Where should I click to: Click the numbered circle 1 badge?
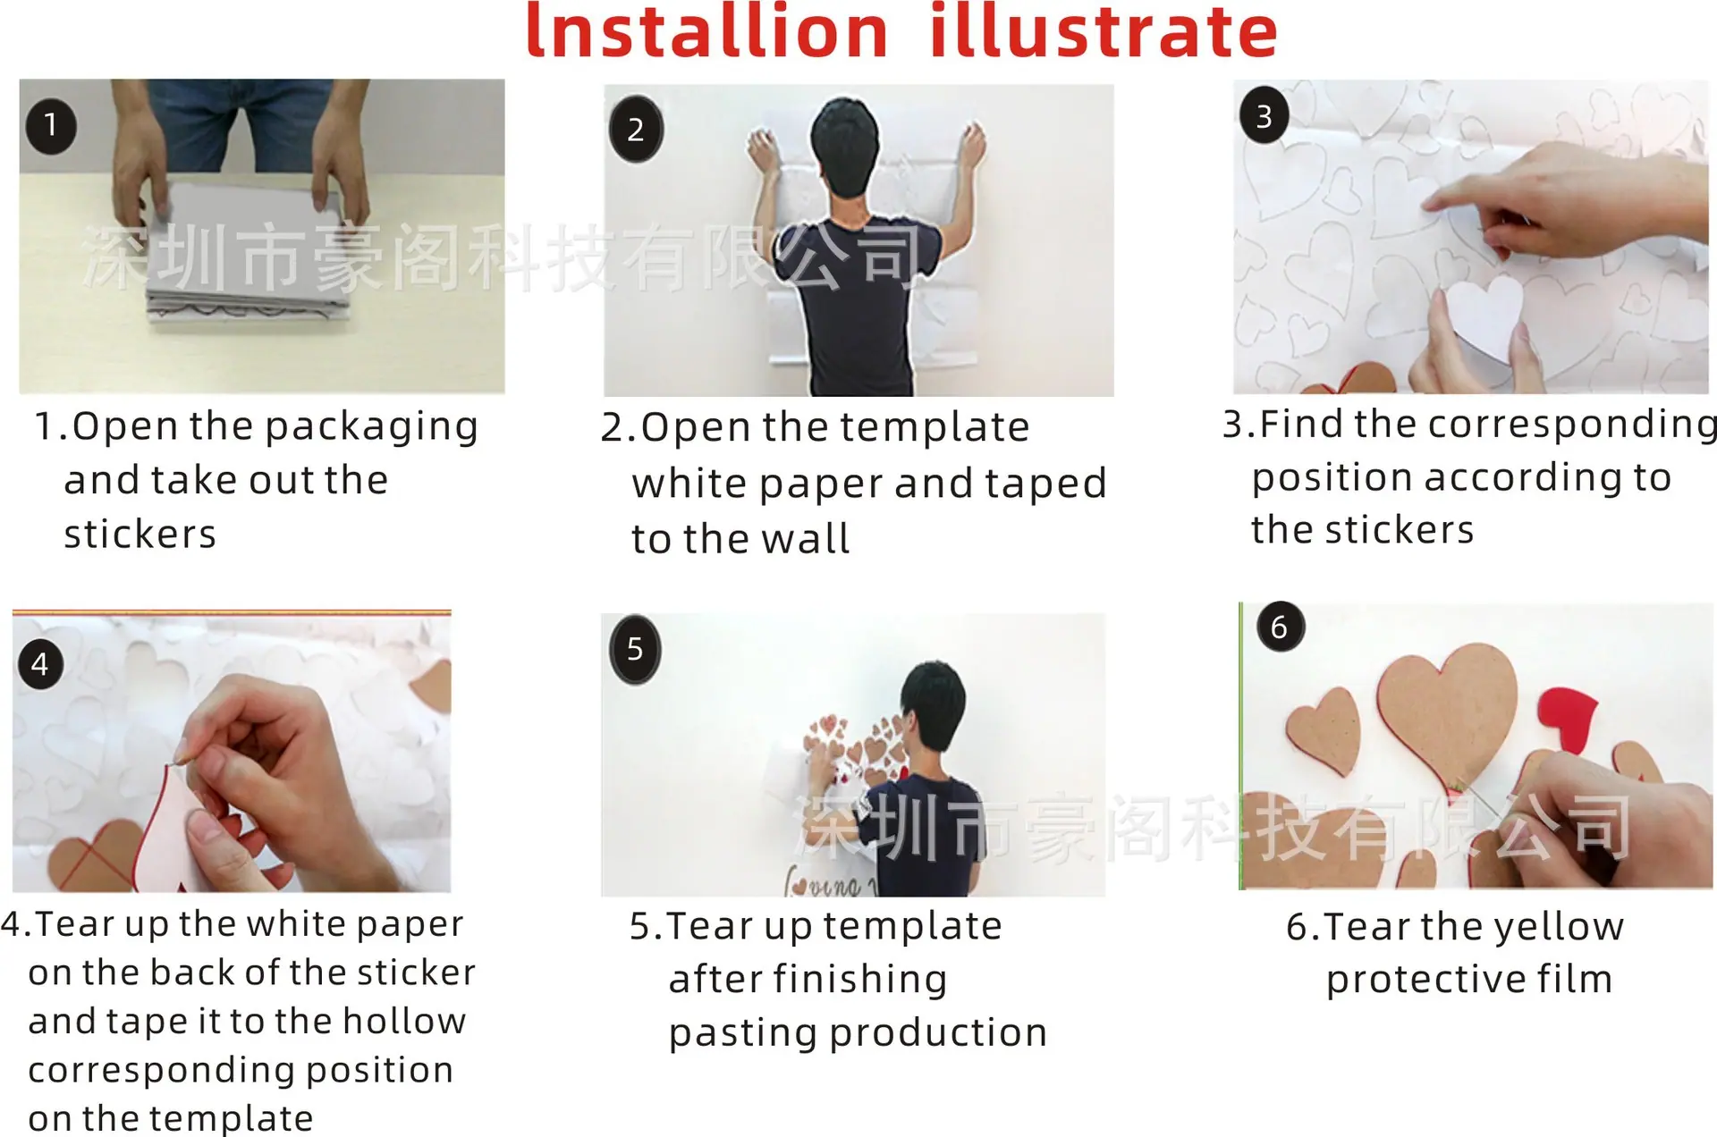pos(51,125)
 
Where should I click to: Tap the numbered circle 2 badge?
pos(636,129)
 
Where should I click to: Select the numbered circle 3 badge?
pos(1264,115)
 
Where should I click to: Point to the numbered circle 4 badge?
pos(40,663)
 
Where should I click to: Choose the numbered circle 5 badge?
pos(635,649)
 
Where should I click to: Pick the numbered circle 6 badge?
pos(1280,627)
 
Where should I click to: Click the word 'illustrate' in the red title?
pos(1104,33)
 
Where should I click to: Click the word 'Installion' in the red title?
pos(706,33)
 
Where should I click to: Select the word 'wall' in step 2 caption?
pos(805,539)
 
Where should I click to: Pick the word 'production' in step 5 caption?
pos(937,1033)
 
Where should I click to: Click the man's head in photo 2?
pos(845,143)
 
